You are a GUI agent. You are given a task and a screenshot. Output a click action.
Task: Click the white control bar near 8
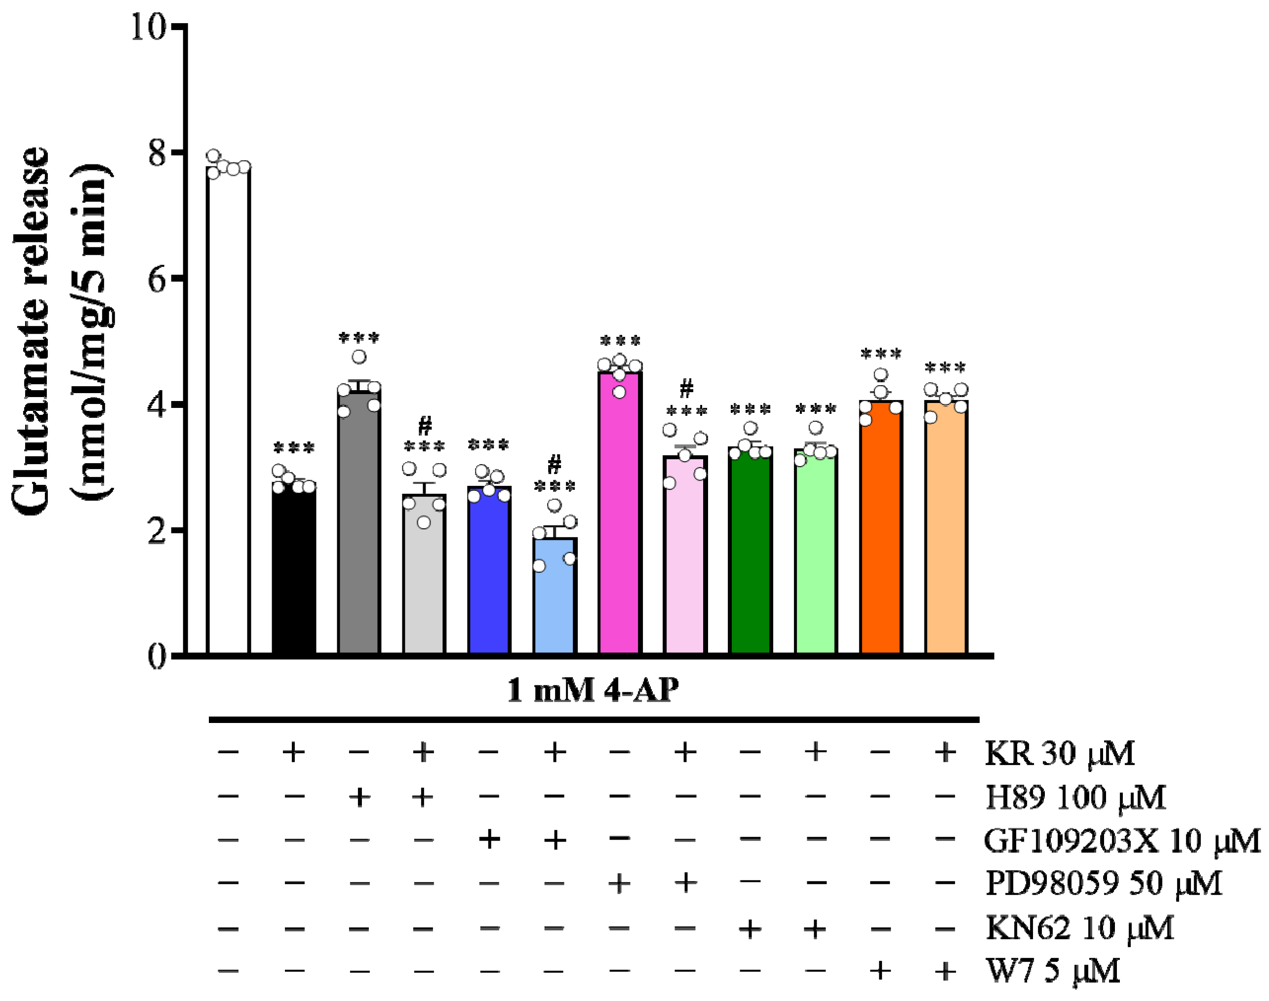229,410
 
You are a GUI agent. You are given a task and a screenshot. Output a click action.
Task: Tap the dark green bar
750,551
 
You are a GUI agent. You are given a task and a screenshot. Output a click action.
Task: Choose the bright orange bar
880,527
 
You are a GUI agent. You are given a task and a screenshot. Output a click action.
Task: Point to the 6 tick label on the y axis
157,279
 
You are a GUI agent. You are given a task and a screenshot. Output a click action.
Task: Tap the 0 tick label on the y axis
157,657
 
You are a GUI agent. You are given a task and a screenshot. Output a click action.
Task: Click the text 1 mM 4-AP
593,690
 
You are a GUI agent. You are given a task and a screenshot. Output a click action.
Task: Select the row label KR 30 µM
1060,753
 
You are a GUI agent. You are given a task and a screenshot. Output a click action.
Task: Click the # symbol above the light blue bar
554,464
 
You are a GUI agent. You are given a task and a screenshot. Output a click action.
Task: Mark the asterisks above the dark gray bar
359,338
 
